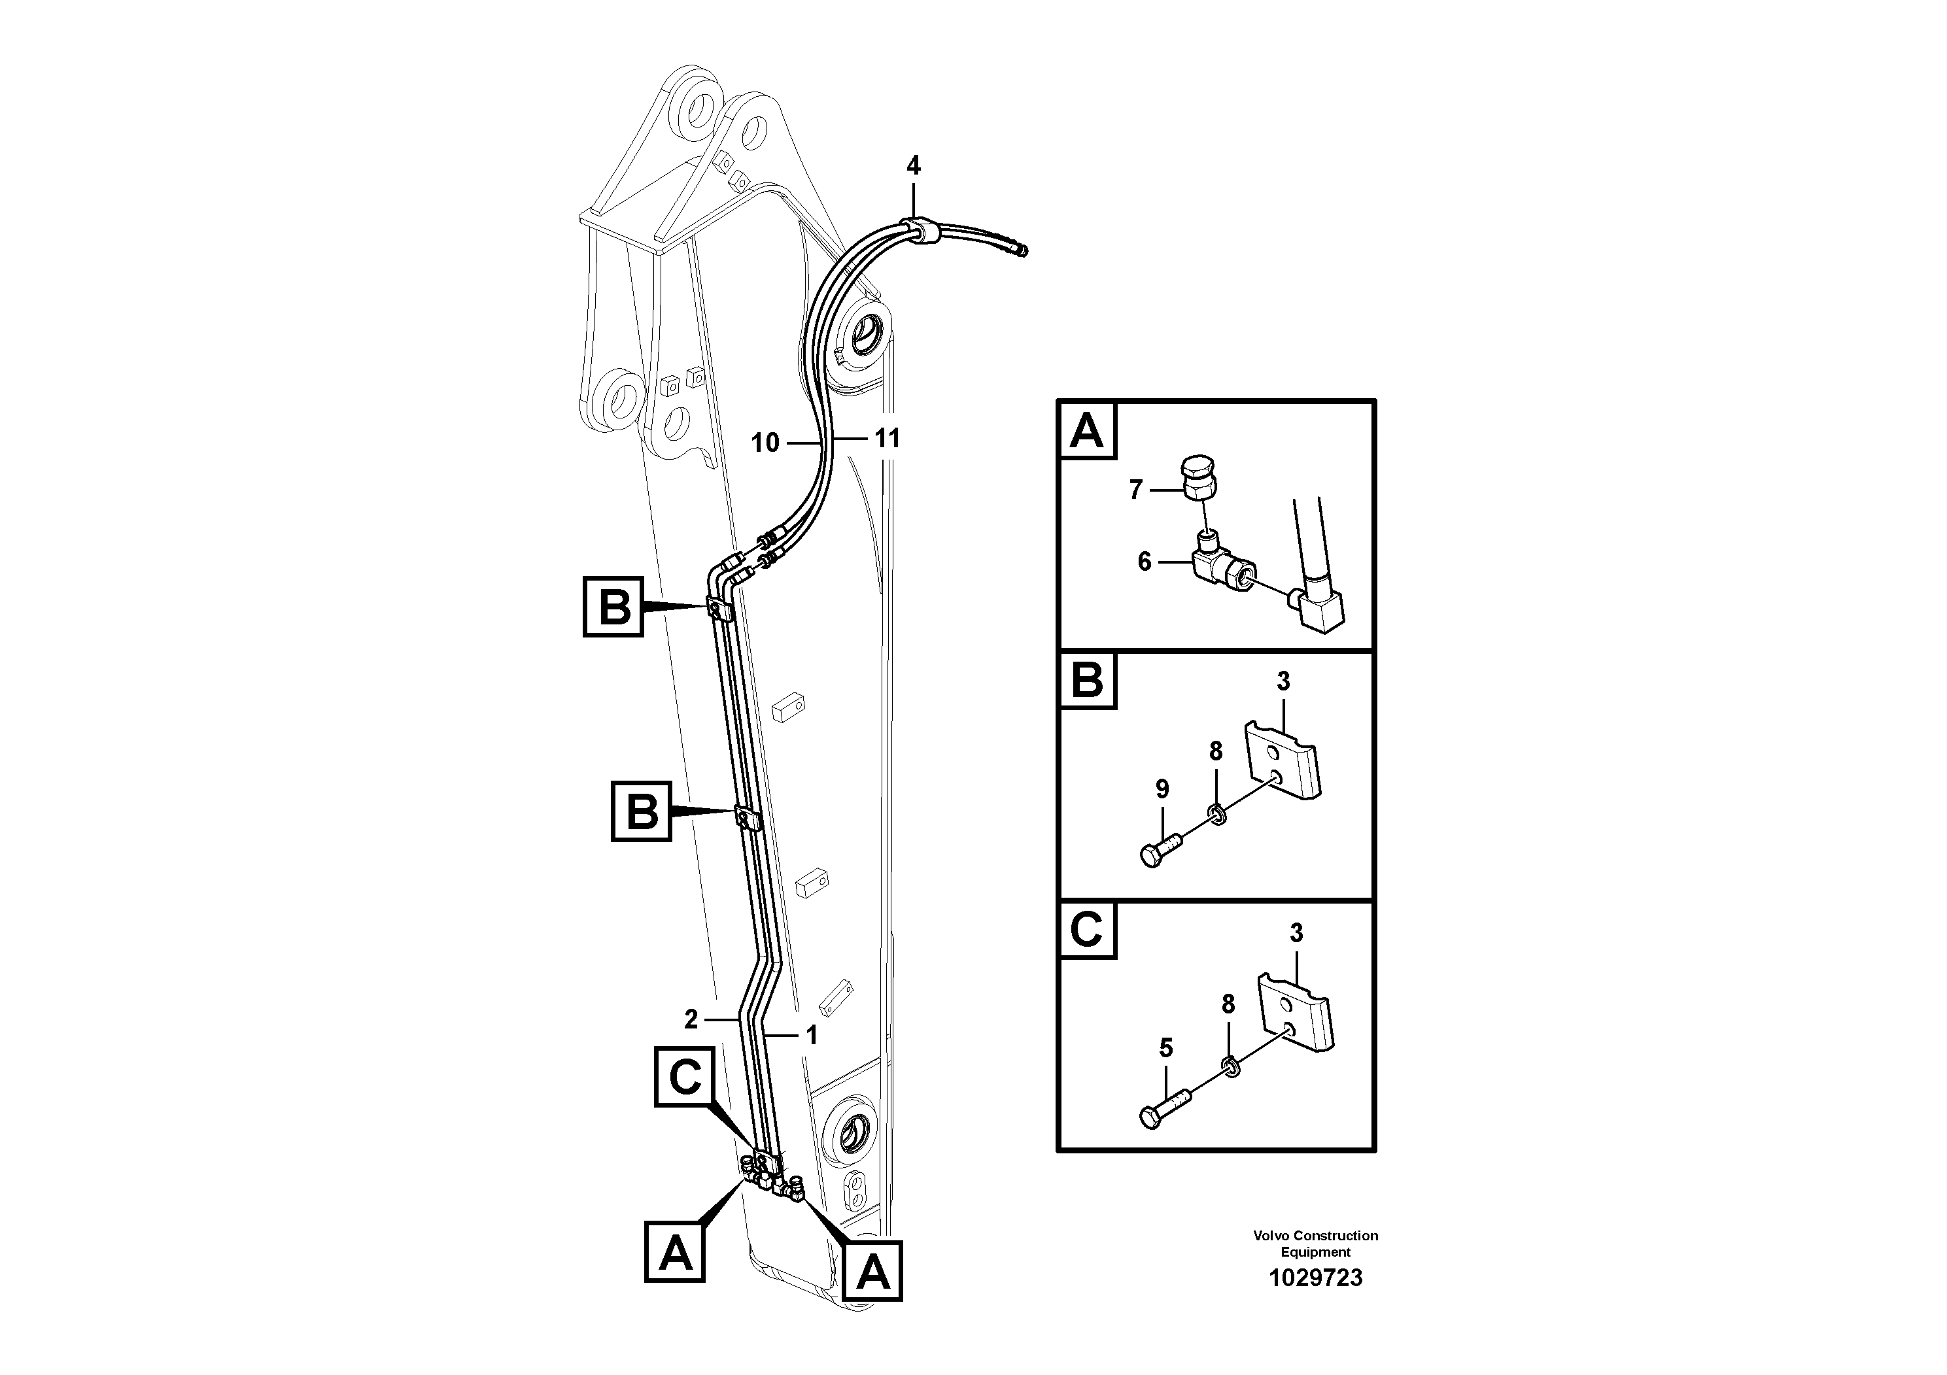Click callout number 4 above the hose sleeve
(x=912, y=166)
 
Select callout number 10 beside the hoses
(x=765, y=443)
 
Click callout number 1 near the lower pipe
(x=812, y=1035)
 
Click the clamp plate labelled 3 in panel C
(x=1295, y=1012)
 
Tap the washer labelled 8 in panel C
(x=1229, y=1066)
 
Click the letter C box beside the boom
(x=684, y=1077)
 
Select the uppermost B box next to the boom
(x=613, y=607)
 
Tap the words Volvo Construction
(x=1315, y=1235)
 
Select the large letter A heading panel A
(x=1087, y=431)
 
